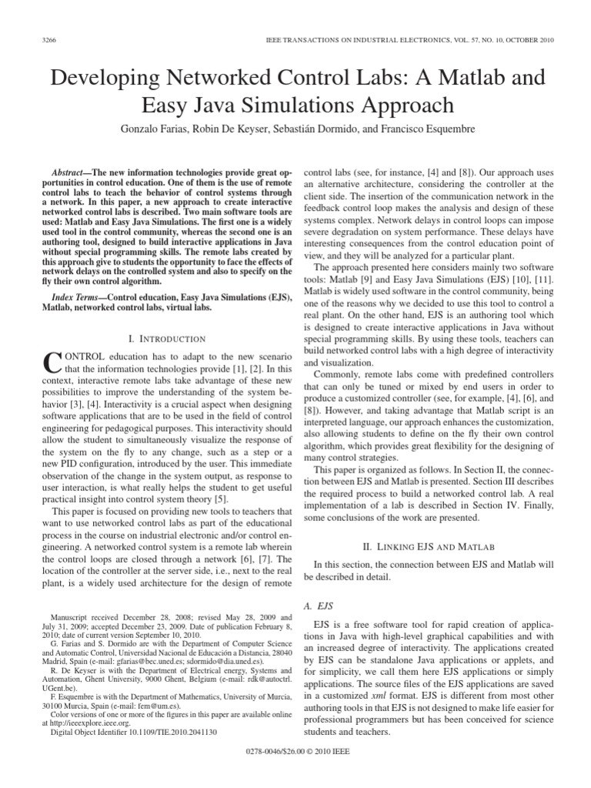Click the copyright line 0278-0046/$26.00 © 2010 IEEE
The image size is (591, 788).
295,772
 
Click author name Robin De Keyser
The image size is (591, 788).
232,129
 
